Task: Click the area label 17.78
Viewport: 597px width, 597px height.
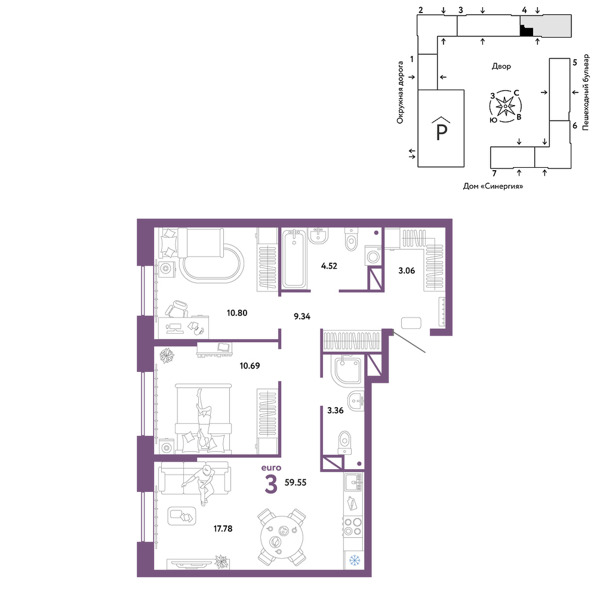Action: tap(223, 528)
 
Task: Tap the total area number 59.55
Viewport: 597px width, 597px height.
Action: tap(296, 482)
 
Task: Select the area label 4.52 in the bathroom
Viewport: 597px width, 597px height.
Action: tap(329, 266)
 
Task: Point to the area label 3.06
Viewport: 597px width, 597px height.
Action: tap(407, 270)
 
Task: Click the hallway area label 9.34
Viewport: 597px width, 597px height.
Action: tap(302, 316)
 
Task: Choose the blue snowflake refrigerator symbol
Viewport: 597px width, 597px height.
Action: tap(355, 560)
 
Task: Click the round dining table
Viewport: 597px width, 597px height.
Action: tap(282, 537)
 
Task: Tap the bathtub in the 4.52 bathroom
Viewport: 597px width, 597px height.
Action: tap(293, 258)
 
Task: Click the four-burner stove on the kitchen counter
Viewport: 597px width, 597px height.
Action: tap(353, 527)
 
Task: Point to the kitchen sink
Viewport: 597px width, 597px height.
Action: tap(353, 482)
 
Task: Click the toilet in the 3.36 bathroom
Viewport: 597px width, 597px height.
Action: tap(344, 442)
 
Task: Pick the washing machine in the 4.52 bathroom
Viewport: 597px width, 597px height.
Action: tap(374, 256)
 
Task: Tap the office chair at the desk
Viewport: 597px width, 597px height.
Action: tap(176, 309)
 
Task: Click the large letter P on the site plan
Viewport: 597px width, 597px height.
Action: tap(441, 132)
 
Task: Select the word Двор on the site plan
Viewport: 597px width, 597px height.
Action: tap(501, 66)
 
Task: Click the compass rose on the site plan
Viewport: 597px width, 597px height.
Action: tap(505, 106)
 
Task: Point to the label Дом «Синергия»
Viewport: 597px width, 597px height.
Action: tap(493, 186)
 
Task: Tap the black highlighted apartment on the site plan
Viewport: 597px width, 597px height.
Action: tap(526, 31)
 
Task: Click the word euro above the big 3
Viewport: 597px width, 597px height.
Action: tap(271, 467)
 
